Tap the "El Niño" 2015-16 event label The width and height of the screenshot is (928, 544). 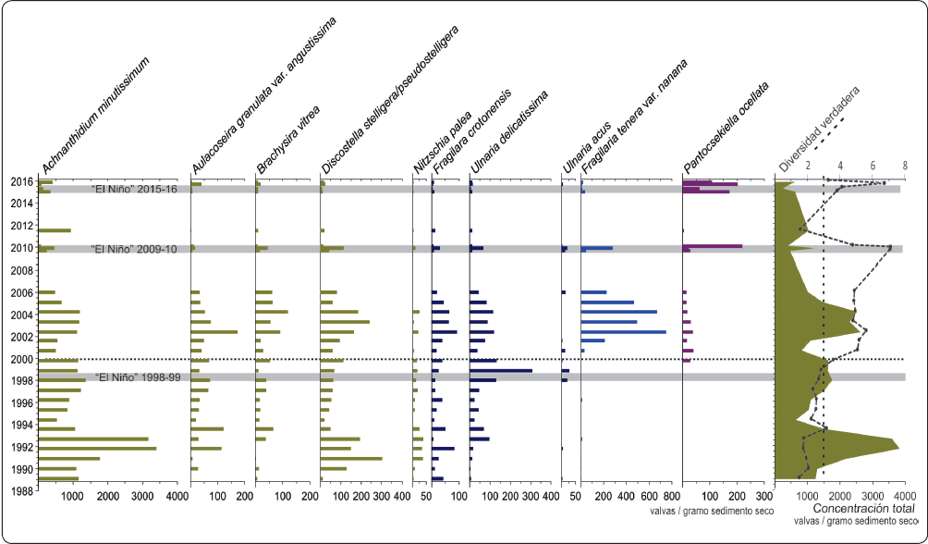click(x=136, y=190)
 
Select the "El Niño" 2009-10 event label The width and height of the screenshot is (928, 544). click(x=136, y=249)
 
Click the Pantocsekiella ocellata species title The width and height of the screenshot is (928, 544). click(x=727, y=126)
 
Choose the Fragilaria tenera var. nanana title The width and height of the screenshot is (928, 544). click(x=634, y=118)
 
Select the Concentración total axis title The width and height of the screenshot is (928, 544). click(x=864, y=509)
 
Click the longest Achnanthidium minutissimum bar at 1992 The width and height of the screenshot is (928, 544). click(x=97, y=449)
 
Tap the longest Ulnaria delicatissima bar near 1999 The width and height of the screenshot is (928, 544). click(x=501, y=371)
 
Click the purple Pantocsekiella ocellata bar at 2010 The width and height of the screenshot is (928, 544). click(x=712, y=246)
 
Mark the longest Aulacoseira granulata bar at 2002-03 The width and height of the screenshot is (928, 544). click(x=214, y=332)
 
